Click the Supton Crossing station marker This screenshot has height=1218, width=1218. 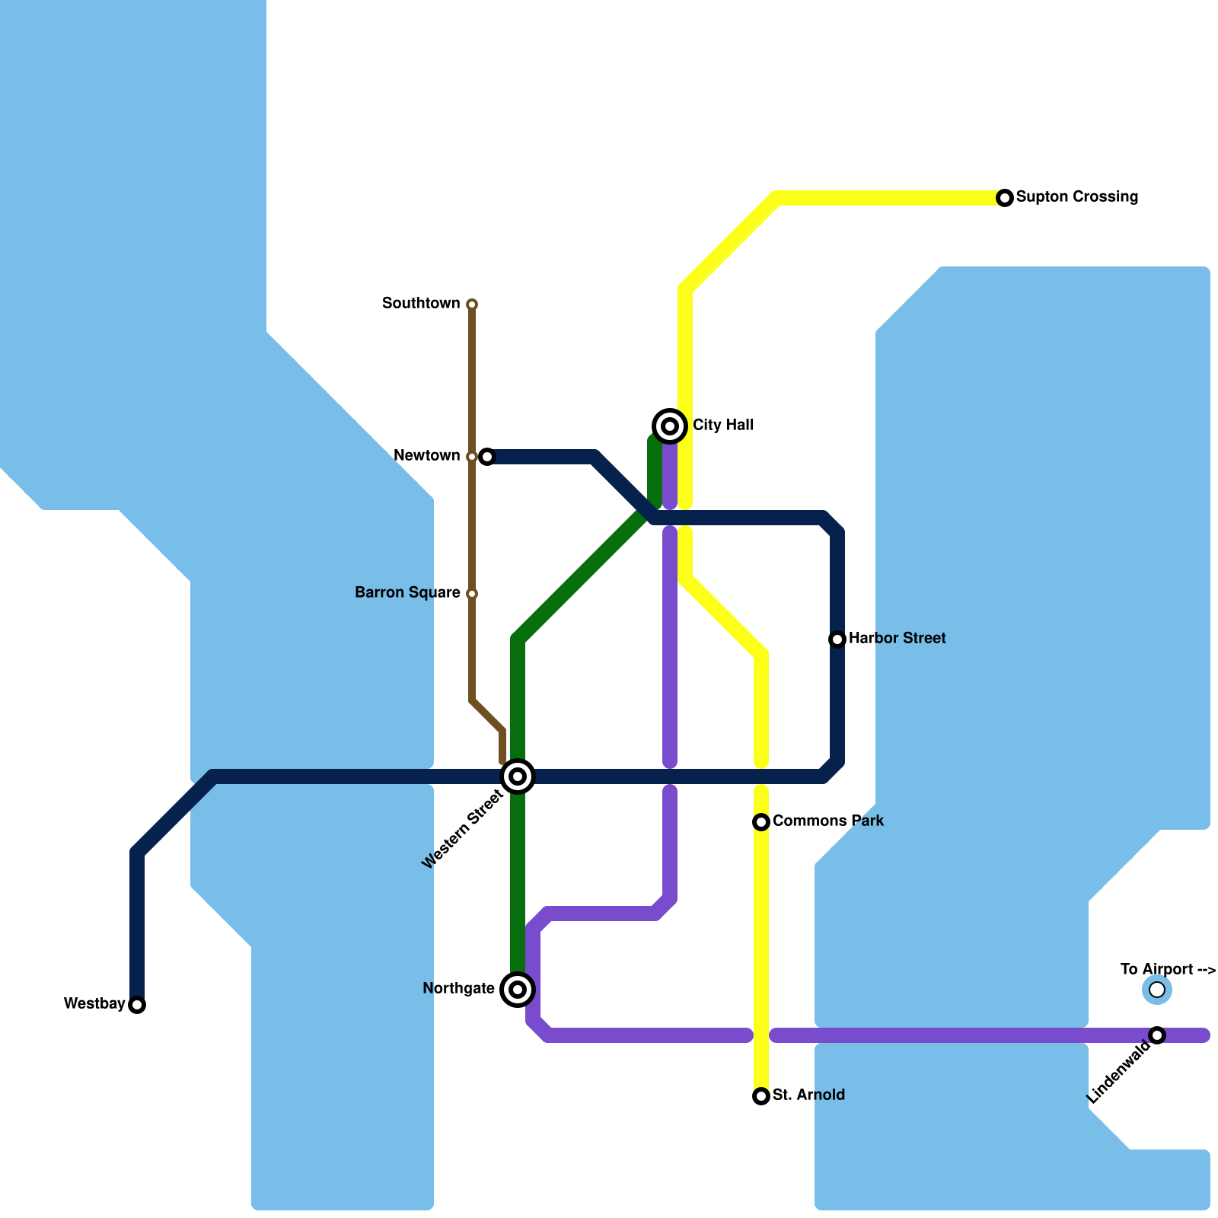(x=1005, y=198)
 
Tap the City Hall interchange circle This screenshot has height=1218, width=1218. (x=670, y=426)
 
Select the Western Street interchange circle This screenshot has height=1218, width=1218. (x=518, y=776)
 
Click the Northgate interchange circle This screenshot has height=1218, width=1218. (x=518, y=990)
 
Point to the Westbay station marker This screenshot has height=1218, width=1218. (x=137, y=1005)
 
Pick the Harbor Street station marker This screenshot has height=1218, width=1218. (x=837, y=639)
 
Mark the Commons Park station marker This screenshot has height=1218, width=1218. (x=761, y=822)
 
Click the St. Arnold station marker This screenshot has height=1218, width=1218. (x=761, y=1096)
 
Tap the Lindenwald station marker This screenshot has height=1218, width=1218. (x=1157, y=1035)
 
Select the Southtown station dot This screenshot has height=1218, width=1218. (x=472, y=304)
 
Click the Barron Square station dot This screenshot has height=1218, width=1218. (x=472, y=594)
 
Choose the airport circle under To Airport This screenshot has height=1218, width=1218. (x=1157, y=990)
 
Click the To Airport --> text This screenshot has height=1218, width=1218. (x=1168, y=969)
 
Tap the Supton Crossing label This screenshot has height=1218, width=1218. (x=1077, y=197)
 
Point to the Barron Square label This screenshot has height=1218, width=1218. (x=407, y=593)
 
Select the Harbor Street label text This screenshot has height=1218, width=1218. (x=897, y=639)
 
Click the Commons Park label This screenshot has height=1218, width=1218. (x=828, y=821)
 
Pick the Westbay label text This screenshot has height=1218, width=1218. (x=94, y=1004)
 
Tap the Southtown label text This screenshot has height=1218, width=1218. (x=421, y=304)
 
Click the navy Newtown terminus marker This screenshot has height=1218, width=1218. (x=487, y=457)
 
